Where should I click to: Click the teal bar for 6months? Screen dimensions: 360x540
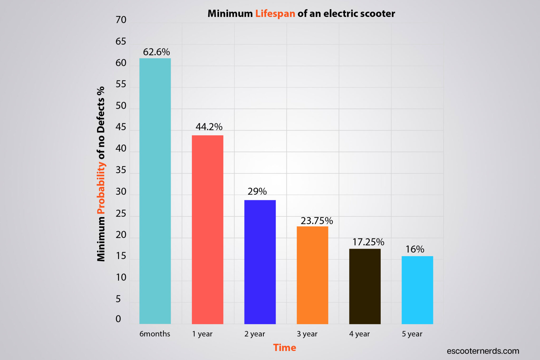pyautogui.click(x=155, y=191)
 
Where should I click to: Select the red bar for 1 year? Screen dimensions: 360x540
pyautogui.click(x=208, y=229)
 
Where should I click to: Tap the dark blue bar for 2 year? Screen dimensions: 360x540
pyautogui.click(x=260, y=262)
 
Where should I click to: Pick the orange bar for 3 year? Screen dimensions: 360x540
pyautogui.click(x=312, y=275)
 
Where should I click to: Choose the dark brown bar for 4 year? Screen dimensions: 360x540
pyautogui.click(x=365, y=286)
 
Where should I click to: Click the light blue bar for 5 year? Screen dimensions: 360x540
pyautogui.click(x=417, y=290)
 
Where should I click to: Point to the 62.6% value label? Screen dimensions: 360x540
pyautogui.click(x=156, y=52)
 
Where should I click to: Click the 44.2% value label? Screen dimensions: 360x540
pyautogui.click(x=209, y=127)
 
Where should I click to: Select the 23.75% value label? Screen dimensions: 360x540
pyautogui.click(x=317, y=221)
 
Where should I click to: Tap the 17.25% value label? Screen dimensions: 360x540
pyautogui.click(x=368, y=242)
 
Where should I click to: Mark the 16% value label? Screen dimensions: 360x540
pyautogui.click(x=415, y=249)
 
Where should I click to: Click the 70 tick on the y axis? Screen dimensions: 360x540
pyautogui.click(x=121, y=20)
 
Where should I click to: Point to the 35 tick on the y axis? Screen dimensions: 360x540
pyautogui.click(x=121, y=170)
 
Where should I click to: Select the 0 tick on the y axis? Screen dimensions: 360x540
pyautogui.click(x=118, y=319)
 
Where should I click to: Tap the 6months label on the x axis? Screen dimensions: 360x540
pyautogui.click(x=155, y=334)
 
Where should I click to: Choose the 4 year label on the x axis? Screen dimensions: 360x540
pyautogui.click(x=359, y=334)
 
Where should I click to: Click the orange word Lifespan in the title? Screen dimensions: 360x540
pyautogui.click(x=275, y=14)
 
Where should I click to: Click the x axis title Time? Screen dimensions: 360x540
pyautogui.click(x=285, y=348)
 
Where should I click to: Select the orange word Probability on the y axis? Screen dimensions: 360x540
pyautogui.click(x=101, y=188)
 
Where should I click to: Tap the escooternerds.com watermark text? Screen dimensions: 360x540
pyautogui.click(x=483, y=351)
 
